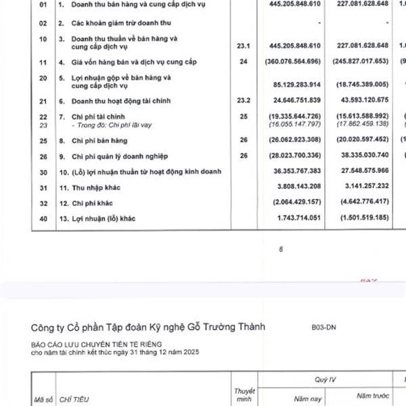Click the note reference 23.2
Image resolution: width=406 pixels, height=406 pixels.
(244, 101)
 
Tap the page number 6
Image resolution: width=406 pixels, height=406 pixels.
(281, 249)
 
